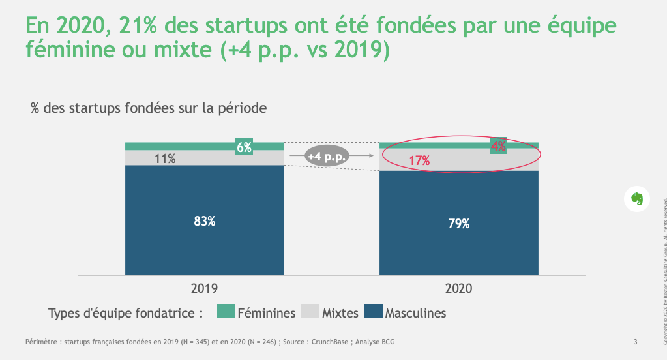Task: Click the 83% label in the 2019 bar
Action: [x=205, y=221]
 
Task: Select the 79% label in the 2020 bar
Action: [x=458, y=224]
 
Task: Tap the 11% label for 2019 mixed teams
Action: [x=165, y=158]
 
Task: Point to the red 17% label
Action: [x=419, y=161]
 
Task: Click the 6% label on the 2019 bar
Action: [x=245, y=147]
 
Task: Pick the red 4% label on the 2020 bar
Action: [x=499, y=146]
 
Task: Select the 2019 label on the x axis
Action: [x=205, y=288]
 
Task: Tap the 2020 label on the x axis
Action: [x=459, y=288]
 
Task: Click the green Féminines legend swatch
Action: [x=226, y=312]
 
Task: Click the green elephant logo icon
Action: [x=638, y=198]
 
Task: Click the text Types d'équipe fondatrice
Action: [x=121, y=313]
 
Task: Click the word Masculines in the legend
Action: [x=415, y=313]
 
